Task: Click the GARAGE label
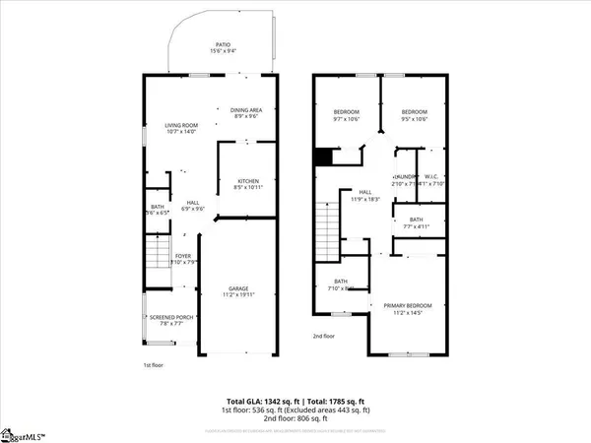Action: click(x=240, y=288)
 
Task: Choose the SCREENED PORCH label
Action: click(x=172, y=317)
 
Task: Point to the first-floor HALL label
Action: click(x=194, y=202)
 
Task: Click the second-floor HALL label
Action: click(x=364, y=192)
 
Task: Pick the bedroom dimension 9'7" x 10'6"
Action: click(x=347, y=119)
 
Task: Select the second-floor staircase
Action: click(x=327, y=227)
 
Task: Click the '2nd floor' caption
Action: click(x=324, y=335)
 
